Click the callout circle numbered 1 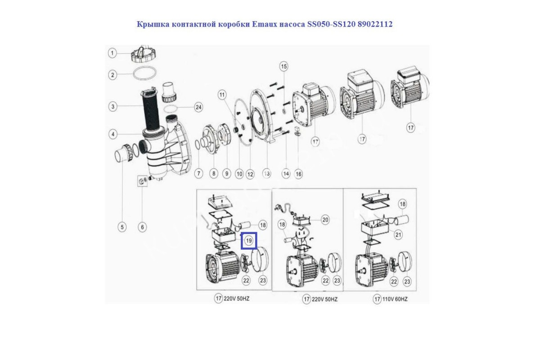tap(112, 53)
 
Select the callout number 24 tap(198, 107)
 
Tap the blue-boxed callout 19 tap(249, 240)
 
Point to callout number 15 tap(284, 67)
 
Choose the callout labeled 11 tap(222, 95)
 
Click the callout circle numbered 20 tap(325, 220)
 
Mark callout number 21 tap(398, 235)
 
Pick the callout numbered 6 tap(142, 227)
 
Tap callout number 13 tap(266, 174)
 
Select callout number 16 tap(298, 174)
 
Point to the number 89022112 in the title tap(375, 24)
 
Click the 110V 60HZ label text tap(394, 299)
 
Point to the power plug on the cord tap(279, 207)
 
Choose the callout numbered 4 tap(113, 134)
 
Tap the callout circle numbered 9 tap(227, 173)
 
